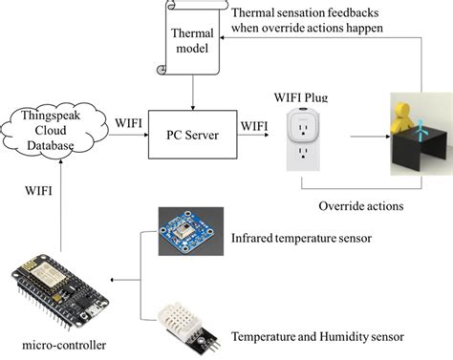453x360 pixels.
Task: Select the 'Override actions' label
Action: (360, 204)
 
